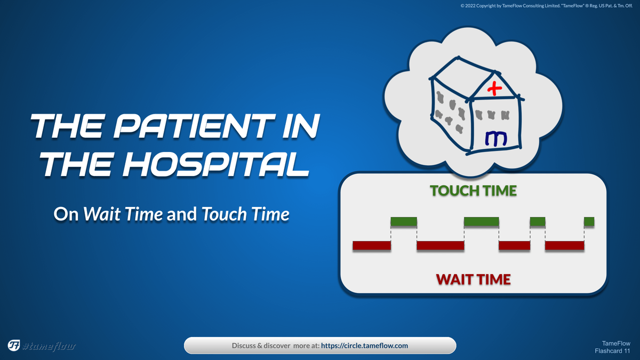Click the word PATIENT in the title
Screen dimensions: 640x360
point(194,126)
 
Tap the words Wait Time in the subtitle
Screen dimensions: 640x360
point(123,214)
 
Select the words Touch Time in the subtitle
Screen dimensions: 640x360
point(245,214)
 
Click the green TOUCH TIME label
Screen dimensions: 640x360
point(474,191)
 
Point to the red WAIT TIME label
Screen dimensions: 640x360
point(474,279)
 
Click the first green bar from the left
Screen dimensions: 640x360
point(404,222)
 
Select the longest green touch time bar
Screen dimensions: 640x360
point(482,222)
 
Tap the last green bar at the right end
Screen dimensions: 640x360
point(589,222)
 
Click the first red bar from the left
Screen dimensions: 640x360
point(372,245)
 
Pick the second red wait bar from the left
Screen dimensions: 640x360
point(441,245)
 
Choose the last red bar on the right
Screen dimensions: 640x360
point(565,245)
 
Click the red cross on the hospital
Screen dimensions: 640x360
point(494,89)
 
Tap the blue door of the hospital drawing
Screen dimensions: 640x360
point(496,139)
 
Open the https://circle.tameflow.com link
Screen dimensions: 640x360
point(364,346)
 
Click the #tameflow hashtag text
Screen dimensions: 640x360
point(49,346)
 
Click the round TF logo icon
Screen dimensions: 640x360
point(14,346)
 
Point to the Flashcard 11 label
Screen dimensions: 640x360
point(612,351)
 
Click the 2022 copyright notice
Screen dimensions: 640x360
point(546,6)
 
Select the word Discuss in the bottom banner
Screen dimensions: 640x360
point(244,346)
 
